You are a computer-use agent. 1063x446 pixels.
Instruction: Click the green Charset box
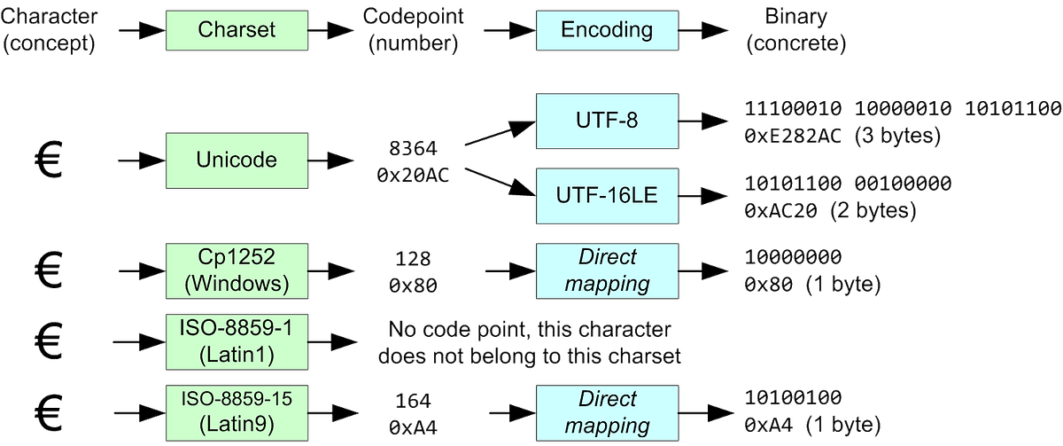[237, 29]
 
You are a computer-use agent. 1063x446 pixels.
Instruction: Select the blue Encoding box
[607, 29]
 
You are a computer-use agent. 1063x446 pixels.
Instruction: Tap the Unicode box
[237, 160]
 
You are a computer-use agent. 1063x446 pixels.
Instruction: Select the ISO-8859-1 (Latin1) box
[237, 341]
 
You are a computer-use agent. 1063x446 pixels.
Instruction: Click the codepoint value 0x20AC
[413, 176]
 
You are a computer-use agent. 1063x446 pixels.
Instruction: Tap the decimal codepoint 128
[413, 258]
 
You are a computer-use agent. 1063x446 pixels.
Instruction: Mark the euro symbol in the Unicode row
[48, 160]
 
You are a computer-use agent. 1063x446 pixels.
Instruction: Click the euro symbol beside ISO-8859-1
[48, 341]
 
